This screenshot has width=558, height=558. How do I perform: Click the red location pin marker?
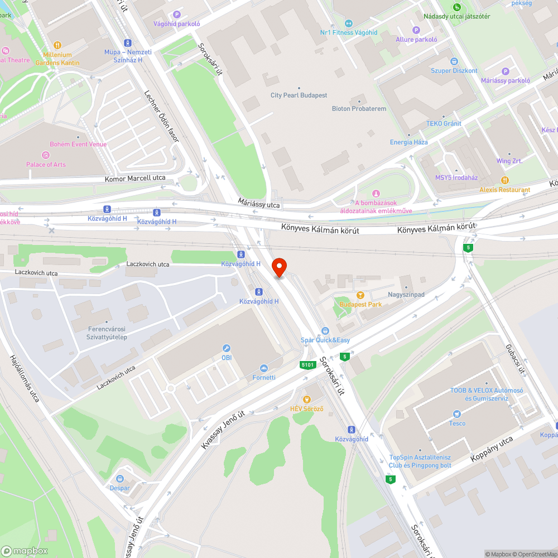(278, 267)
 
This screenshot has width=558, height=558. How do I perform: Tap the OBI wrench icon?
(227, 348)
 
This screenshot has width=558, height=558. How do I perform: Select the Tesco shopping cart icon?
(457, 413)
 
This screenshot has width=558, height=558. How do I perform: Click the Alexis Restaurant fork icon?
(505, 180)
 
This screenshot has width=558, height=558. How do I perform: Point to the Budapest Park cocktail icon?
(360, 295)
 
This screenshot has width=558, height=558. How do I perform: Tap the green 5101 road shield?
(307, 365)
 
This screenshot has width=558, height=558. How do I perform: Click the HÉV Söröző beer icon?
(306, 400)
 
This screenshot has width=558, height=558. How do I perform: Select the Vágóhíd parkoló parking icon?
(177, 15)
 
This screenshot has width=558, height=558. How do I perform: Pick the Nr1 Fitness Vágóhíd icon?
(349, 23)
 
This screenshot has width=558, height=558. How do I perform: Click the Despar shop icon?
(120, 478)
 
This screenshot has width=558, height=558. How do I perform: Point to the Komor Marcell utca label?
(135, 179)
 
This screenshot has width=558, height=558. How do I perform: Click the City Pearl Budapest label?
(299, 95)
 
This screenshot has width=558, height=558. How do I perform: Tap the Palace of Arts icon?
(46, 155)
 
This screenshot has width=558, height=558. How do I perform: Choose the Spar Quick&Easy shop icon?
(325, 331)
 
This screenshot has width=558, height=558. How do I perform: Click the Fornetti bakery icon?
(264, 368)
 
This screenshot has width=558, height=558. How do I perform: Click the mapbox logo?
(25, 551)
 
